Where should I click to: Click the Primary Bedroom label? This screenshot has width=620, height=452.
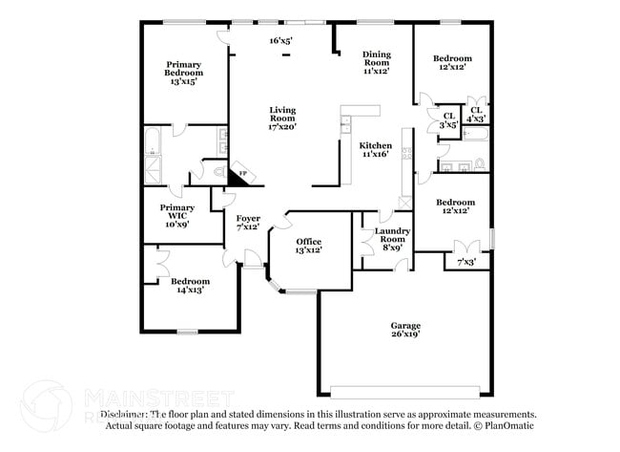183,74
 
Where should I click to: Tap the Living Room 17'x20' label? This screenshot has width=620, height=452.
282,118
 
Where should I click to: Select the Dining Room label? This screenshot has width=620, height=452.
378,62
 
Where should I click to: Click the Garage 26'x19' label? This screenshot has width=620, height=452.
404,330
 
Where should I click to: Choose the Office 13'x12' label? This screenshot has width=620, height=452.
308,246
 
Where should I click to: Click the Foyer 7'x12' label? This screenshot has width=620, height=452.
248,223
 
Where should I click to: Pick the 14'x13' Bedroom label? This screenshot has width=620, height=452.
190,286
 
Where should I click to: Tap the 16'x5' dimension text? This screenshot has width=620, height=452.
280,40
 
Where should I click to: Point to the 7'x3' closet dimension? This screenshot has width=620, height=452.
466,262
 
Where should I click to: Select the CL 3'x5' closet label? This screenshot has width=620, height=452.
446,120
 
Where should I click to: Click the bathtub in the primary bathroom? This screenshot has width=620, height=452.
152,146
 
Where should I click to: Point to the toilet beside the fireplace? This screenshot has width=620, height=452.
218,173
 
